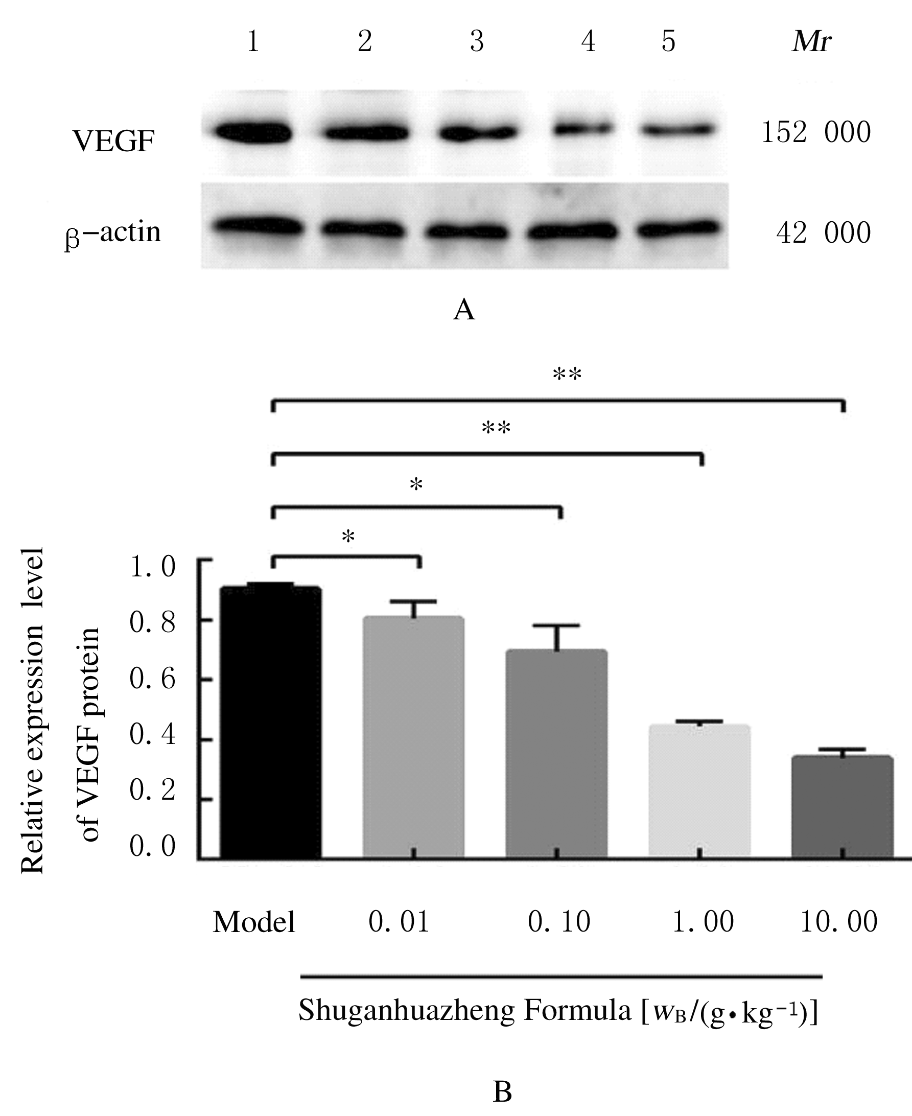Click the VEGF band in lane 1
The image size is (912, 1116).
pos(253,131)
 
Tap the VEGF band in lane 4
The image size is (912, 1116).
pos(583,128)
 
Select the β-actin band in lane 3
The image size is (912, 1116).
pos(466,230)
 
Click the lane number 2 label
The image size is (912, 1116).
pos(365,41)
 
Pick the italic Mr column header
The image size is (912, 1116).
pos(811,41)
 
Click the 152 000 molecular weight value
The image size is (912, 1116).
pos(816,132)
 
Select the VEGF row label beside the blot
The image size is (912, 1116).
pos(114,141)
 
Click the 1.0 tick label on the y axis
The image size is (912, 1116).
pos(152,566)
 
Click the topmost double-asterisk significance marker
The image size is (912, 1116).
pos(567,375)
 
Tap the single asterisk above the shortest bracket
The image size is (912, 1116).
pos(348,537)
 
